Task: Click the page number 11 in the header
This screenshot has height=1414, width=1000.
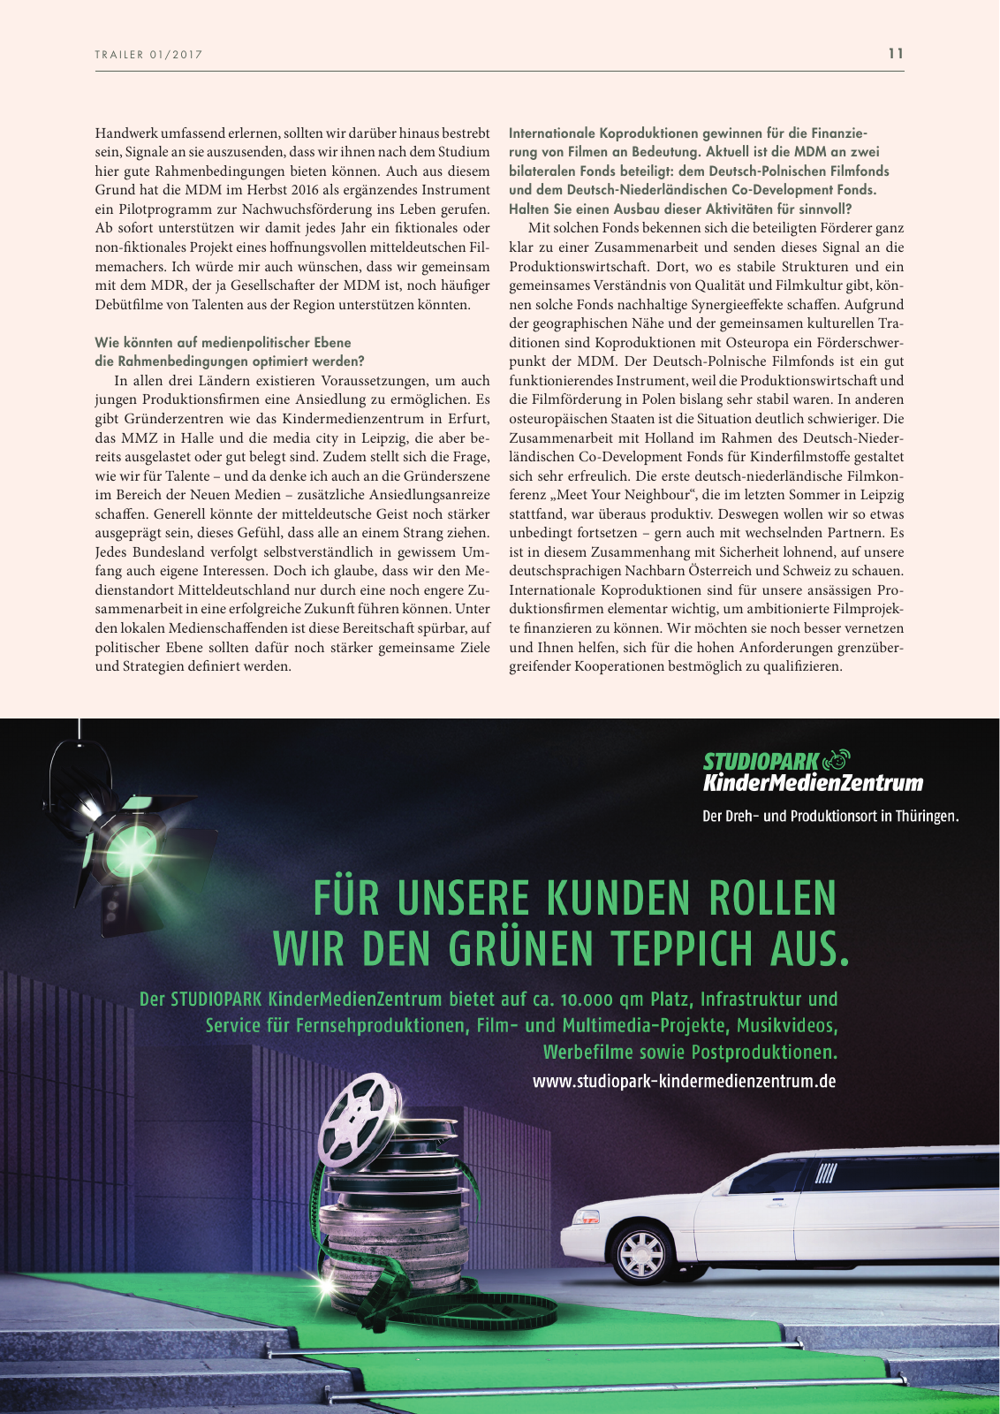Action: point(896,53)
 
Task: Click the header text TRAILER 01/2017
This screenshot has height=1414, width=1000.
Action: point(148,55)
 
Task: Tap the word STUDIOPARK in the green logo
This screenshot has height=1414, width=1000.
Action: point(761,761)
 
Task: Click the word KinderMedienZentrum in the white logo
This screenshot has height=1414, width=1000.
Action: point(813,783)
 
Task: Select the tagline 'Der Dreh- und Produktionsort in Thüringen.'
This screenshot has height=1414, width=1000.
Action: point(830,816)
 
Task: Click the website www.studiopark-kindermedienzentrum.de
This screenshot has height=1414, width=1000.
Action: point(684,1081)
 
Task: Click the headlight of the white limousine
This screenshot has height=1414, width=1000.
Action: point(587,1218)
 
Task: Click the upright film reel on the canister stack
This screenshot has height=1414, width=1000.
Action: point(352,1121)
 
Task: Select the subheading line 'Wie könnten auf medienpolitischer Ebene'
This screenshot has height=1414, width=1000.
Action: point(223,343)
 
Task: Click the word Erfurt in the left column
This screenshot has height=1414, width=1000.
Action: point(467,419)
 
